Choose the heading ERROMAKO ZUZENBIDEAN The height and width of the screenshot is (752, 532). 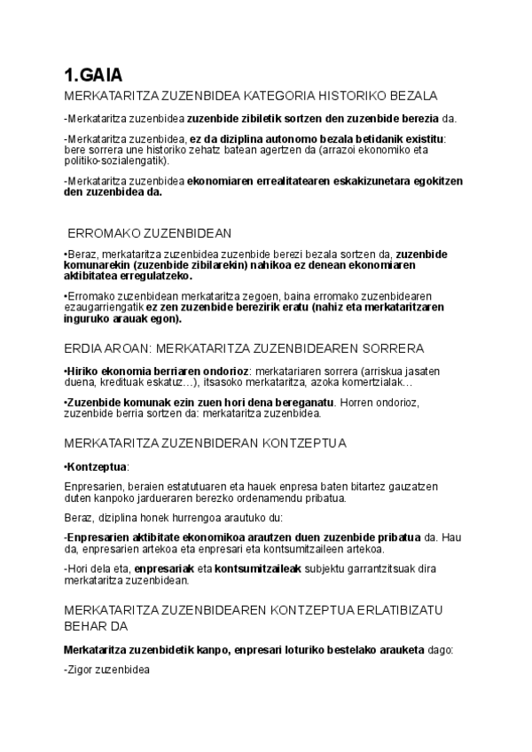click(x=150, y=233)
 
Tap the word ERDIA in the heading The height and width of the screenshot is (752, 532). click(x=85, y=348)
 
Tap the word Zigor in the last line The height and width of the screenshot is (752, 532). click(x=82, y=671)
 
